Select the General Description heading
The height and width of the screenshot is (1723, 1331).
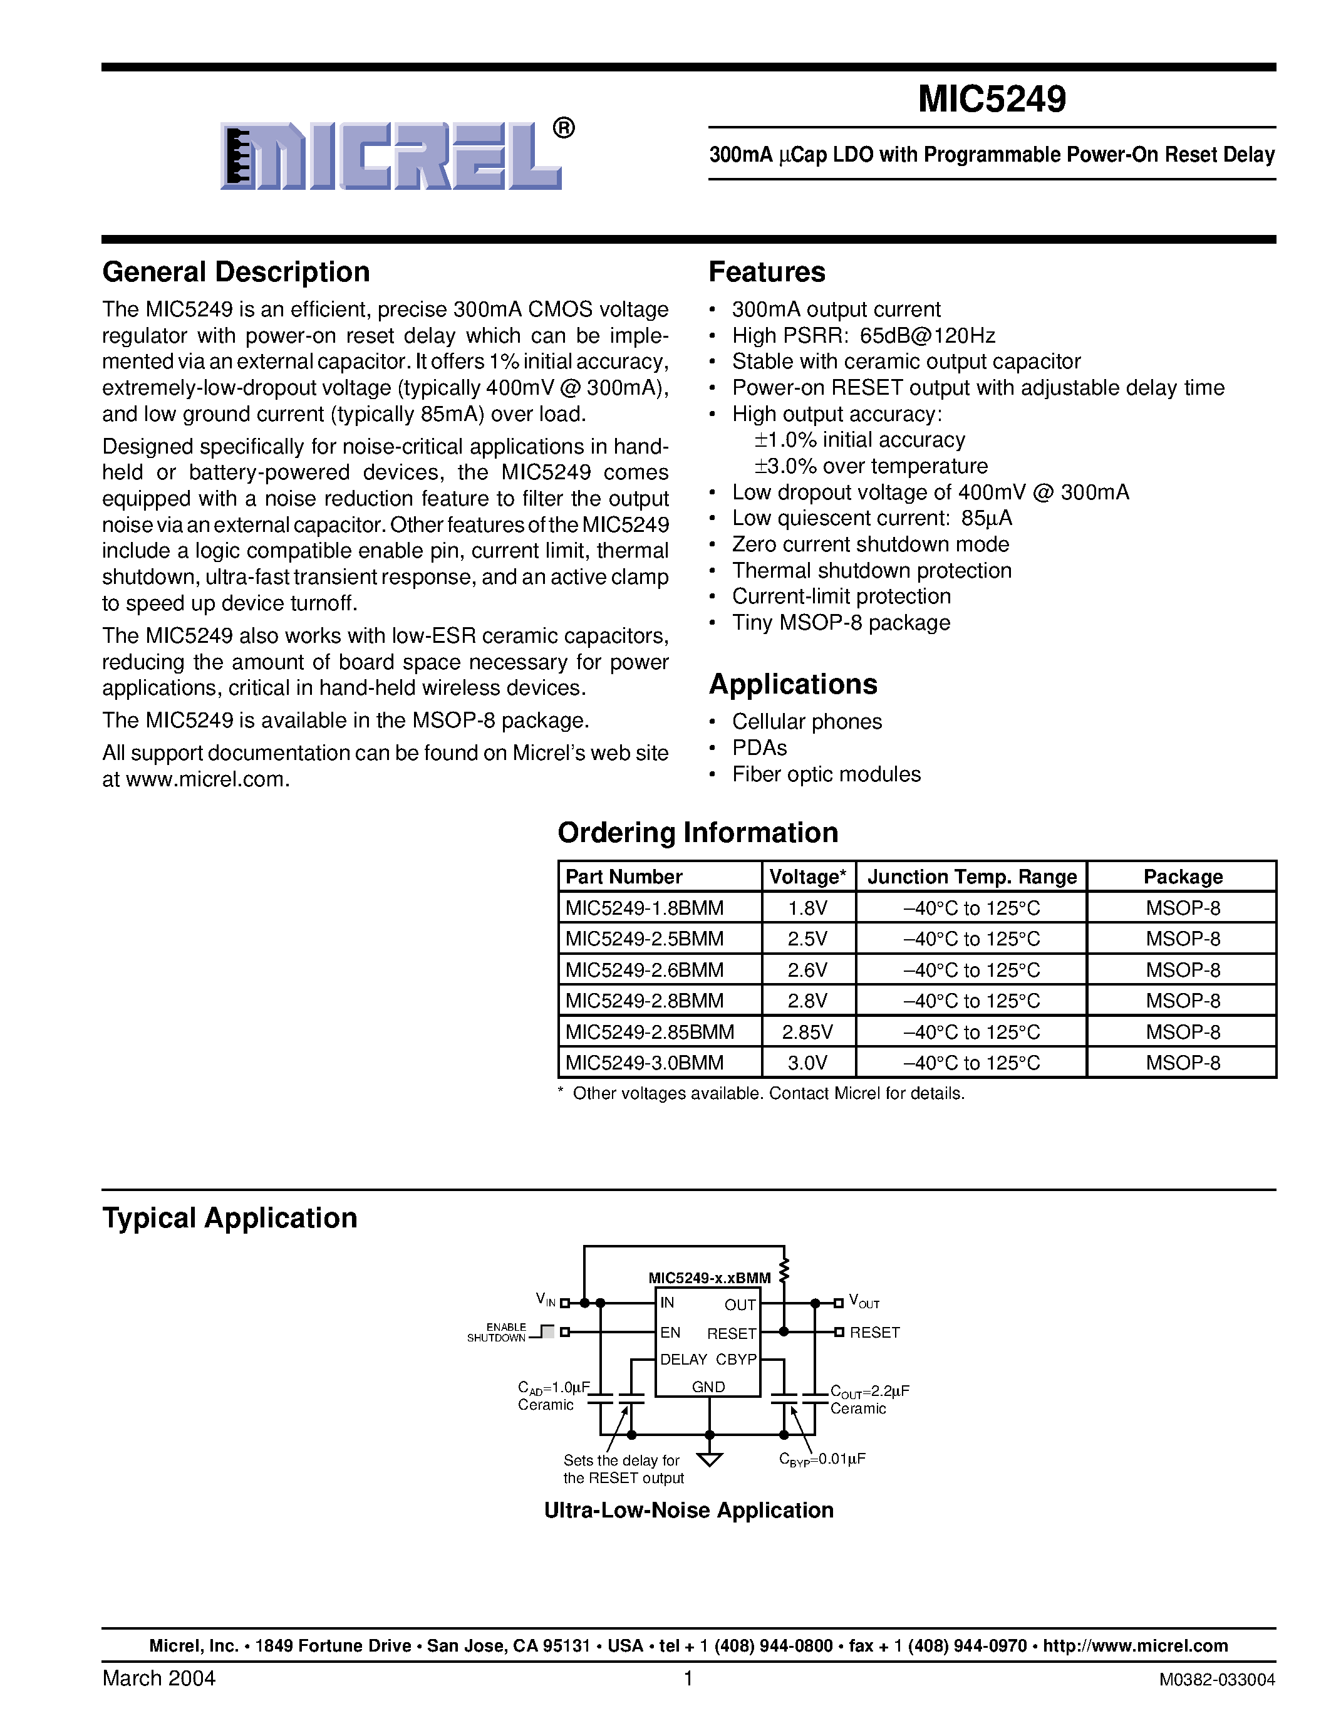[236, 272]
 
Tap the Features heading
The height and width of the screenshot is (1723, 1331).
[767, 272]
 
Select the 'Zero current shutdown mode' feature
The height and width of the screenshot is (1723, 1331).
[870, 544]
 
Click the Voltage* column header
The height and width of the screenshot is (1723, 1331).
[807, 877]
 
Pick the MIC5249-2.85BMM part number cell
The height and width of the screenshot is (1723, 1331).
[649, 1032]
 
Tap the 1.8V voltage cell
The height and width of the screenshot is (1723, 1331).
[807, 908]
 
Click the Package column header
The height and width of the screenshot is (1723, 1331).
[1182, 877]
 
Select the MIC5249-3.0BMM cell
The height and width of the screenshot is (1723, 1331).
[645, 1063]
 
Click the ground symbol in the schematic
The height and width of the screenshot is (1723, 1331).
[710, 1459]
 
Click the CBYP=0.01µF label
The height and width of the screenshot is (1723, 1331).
[822, 1459]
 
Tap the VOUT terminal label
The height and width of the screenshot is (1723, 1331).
[863, 1302]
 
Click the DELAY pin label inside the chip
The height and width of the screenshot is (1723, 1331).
[683, 1360]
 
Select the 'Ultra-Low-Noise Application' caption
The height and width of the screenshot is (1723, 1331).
[688, 1510]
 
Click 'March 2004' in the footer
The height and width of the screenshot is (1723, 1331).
[158, 1678]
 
